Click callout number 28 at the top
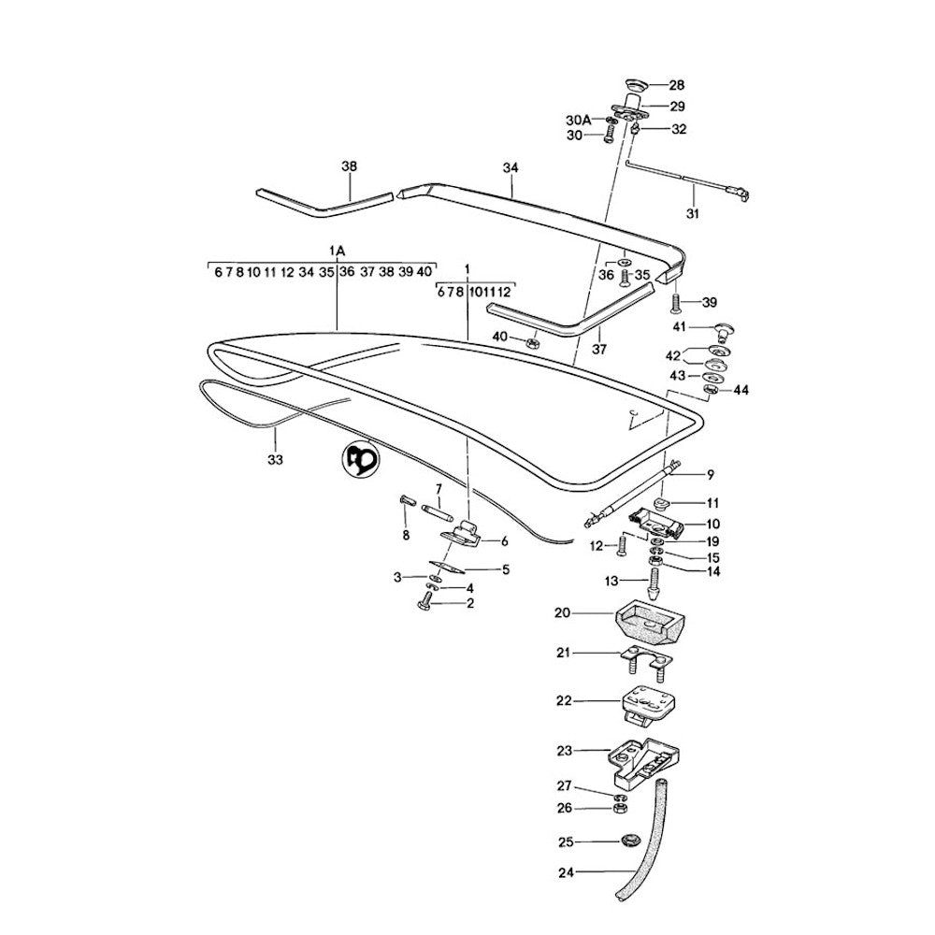(676, 85)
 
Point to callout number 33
(274, 459)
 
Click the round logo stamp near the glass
(360, 459)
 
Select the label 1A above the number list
(338, 251)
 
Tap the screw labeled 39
(674, 303)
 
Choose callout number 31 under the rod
(693, 214)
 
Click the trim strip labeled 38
(323, 198)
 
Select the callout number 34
(510, 167)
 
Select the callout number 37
(599, 350)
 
